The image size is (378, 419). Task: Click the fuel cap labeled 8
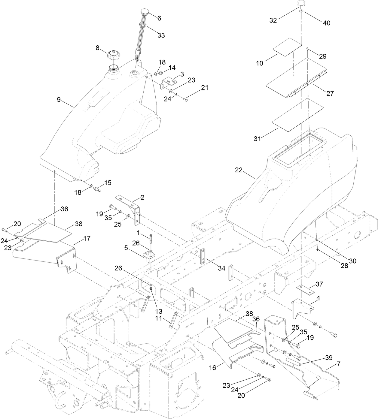pyautogui.click(x=114, y=55)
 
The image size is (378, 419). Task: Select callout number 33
pyautogui.click(x=161, y=35)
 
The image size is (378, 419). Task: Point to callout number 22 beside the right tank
pyautogui.click(x=239, y=170)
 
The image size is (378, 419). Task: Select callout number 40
pyautogui.click(x=326, y=23)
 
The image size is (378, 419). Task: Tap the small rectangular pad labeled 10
pyautogui.click(x=287, y=47)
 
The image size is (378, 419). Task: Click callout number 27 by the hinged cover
pyautogui.click(x=330, y=94)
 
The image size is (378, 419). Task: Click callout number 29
pyautogui.click(x=323, y=56)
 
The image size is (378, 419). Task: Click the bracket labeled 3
pyautogui.click(x=169, y=82)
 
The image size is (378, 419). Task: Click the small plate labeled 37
pyautogui.click(x=304, y=288)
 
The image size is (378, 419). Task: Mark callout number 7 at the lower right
pyautogui.click(x=339, y=364)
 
